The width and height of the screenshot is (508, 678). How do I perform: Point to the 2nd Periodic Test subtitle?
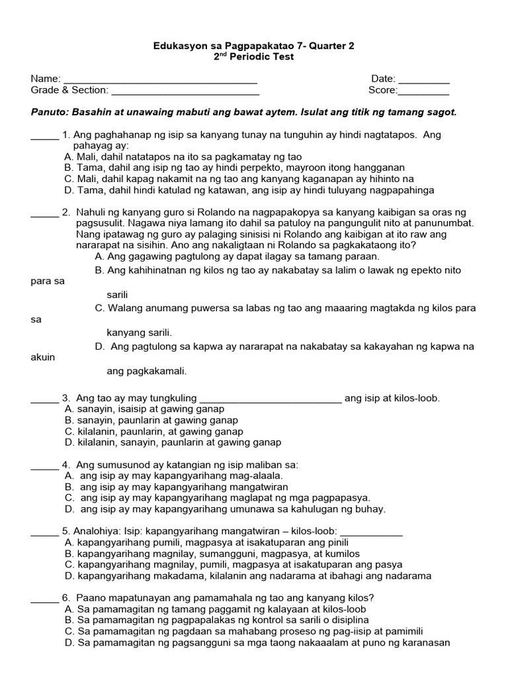[x=254, y=57]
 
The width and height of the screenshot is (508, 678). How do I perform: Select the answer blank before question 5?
[x=44, y=534]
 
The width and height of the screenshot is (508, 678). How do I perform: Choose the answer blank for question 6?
[x=44, y=601]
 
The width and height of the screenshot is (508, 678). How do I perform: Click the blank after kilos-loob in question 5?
[x=371, y=534]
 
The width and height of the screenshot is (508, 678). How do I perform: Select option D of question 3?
[x=173, y=442]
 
